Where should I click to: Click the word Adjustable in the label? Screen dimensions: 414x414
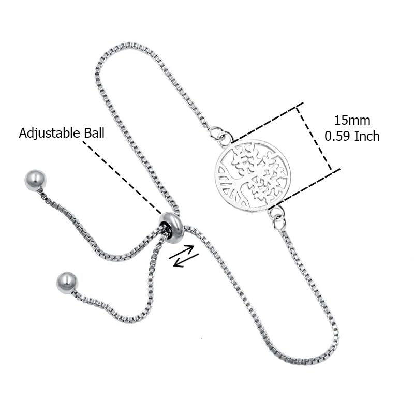(50, 134)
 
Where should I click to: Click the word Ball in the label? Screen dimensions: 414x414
(94, 133)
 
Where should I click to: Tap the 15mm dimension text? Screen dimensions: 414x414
(352, 121)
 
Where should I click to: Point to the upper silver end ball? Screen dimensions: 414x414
(35, 180)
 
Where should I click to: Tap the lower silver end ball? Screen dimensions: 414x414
(67, 283)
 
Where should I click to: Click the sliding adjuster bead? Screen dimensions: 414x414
(171, 227)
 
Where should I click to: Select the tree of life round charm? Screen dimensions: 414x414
(253, 175)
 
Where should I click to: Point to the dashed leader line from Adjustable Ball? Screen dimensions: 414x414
(122, 177)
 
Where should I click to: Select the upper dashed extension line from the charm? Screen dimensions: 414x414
(267, 123)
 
